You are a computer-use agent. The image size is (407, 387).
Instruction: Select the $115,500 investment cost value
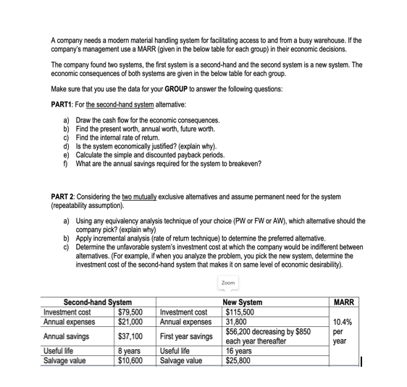[x=241, y=311]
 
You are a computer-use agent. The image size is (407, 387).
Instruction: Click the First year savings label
[x=186, y=336]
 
